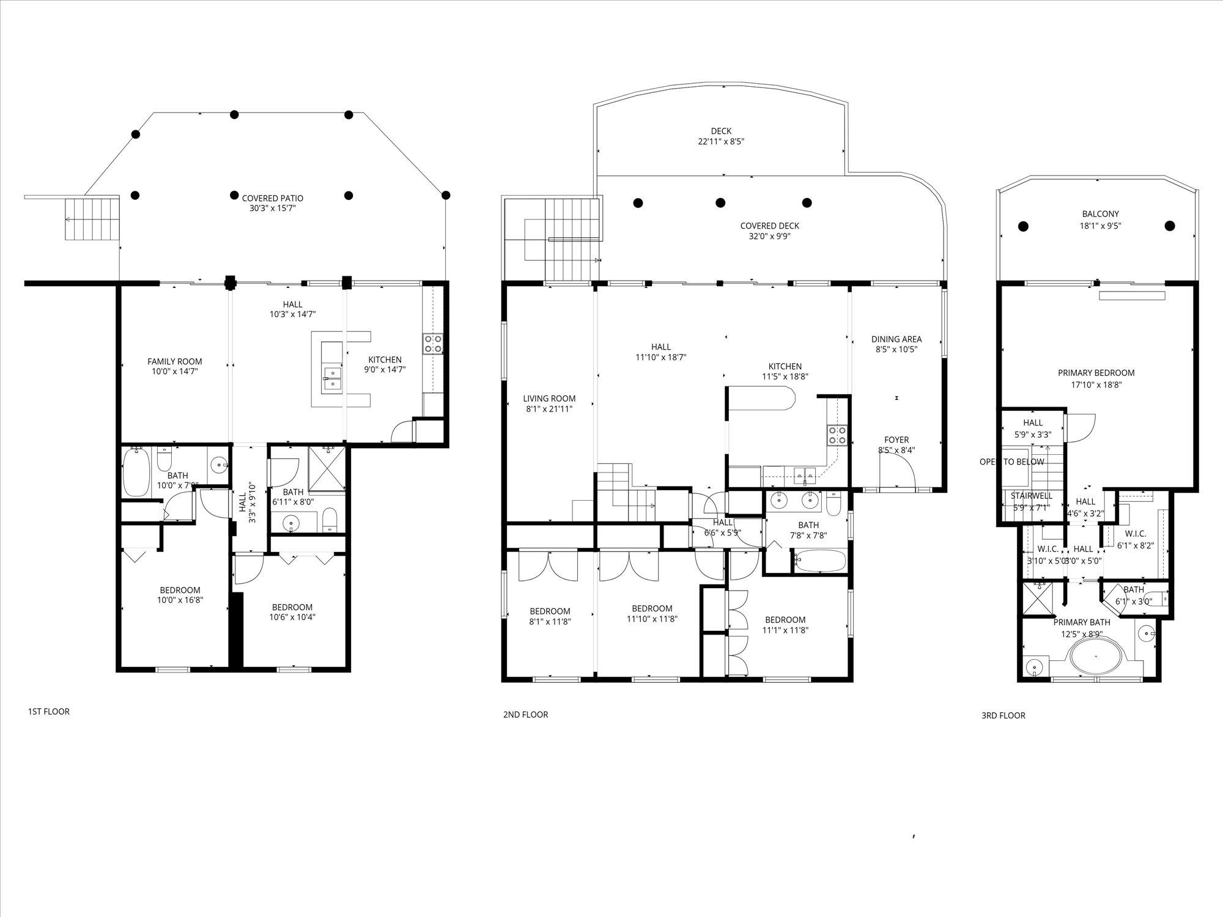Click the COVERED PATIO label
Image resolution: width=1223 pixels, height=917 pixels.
[x=272, y=203]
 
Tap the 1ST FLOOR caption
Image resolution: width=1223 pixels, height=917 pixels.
[x=49, y=712]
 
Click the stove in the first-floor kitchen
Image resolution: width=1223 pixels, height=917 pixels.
[x=432, y=344]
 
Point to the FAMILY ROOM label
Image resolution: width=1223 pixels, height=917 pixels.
[x=174, y=366]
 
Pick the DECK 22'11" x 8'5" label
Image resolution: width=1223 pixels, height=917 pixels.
[x=721, y=136]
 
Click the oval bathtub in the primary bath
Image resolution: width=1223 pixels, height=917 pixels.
[x=1096, y=657]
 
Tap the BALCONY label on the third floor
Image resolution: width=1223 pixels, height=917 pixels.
[x=1100, y=219]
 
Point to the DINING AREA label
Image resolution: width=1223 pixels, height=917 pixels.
[x=896, y=344]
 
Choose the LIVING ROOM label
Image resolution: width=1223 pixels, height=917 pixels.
[x=549, y=403]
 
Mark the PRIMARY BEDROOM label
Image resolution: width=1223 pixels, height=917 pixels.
[x=1096, y=378]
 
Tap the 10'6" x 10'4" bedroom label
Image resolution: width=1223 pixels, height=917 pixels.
[x=292, y=612]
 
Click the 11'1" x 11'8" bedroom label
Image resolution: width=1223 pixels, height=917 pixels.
[x=785, y=624]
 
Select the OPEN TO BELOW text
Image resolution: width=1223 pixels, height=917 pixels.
[x=1012, y=462]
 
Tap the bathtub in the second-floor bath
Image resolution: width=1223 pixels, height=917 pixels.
[x=820, y=561]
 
